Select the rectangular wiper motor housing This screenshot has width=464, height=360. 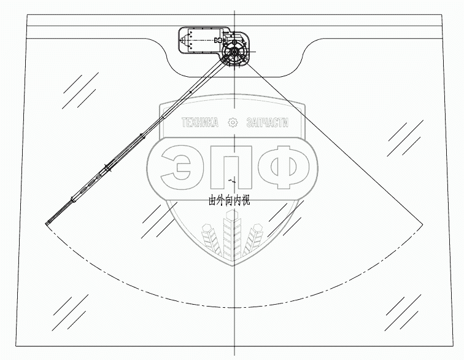point(203,41)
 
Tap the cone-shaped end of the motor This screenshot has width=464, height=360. point(182,42)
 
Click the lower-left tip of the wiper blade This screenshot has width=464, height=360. point(47,224)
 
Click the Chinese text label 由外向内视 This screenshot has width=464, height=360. point(230,200)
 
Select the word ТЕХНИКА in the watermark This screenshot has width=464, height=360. point(198,123)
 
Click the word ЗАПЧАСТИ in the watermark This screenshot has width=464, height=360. point(266,123)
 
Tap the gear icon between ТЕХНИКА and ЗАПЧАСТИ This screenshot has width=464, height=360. point(233,122)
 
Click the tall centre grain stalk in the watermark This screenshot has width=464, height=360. point(232,237)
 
